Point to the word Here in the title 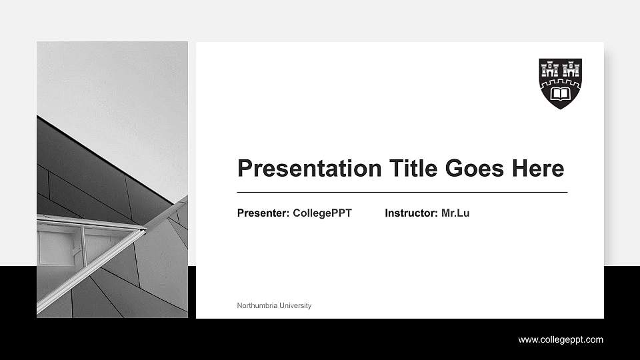(538, 168)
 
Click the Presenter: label (263, 213)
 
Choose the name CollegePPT (322, 213)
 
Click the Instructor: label (411, 213)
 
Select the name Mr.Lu (455, 213)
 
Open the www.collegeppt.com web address (561, 340)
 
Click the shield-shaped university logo (560, 83)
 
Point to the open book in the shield (560, 95)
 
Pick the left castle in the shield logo (551, 69)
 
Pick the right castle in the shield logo (570, 69)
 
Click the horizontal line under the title (402, 192)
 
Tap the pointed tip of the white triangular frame (145, 229)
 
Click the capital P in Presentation (245, 168)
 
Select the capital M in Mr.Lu (446, 213)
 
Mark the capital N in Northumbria (239, 306)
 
